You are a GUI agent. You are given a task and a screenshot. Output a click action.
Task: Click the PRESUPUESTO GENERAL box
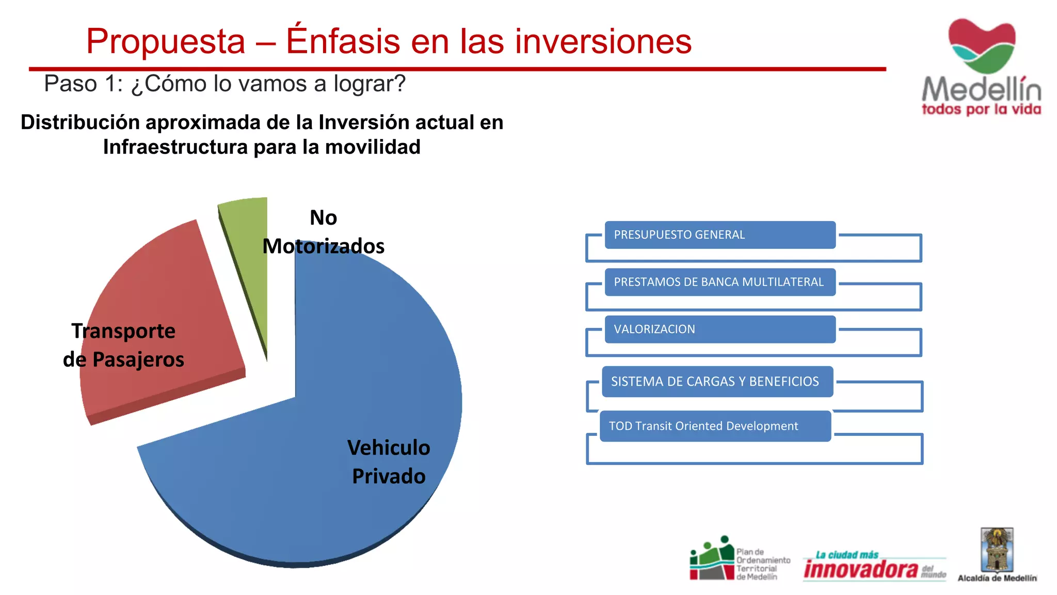[x=719, y=235]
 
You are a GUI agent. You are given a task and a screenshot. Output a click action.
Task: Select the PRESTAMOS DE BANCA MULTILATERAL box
[x=719, y=282]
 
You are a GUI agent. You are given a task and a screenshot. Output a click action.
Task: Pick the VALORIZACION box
[x=719, y=330]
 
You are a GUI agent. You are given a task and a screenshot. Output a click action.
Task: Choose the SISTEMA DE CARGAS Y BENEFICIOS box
[x=717, y=382]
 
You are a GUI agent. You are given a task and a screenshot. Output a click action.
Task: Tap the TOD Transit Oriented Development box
[x=715, y=426]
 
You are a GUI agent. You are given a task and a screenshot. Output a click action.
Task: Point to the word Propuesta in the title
[x=165, y=41]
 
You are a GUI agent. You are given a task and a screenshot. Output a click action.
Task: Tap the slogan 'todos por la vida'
[x=981, y=109]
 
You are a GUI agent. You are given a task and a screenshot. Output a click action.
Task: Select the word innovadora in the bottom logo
[x=861, y=570]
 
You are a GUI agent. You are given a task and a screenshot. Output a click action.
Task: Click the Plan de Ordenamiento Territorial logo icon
[x=712, y=558]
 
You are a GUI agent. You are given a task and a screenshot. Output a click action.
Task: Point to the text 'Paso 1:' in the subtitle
[x=83, y=84]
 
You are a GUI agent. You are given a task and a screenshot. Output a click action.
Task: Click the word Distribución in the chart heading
[x=80, y=122]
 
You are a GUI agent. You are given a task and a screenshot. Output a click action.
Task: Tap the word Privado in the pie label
[x=389, y=476]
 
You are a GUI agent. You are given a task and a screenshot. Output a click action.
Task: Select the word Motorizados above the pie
[x=323, y=246]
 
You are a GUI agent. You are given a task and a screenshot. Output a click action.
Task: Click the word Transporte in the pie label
[x=123, y=331]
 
